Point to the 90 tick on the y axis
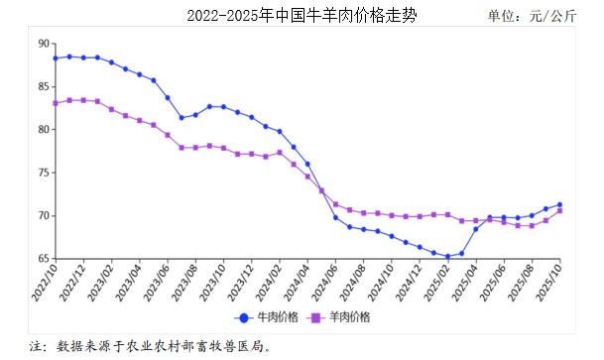43,44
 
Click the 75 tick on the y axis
43,173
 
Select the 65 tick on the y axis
43,258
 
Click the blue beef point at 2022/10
56,59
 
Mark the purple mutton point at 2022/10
56,103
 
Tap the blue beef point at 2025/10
560,204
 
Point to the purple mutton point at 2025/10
560,210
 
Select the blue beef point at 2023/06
168,97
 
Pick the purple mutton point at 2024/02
280,153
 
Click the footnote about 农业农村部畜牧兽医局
149,347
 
